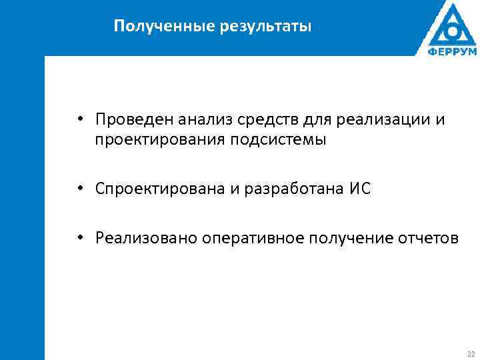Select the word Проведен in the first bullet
point(132,119)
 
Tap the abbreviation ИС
point(359,189)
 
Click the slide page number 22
point(471,353)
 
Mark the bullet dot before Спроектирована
point(79,189)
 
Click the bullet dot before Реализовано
point(79,237)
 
